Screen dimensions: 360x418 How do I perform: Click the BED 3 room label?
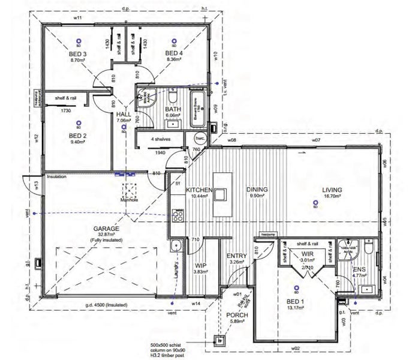coord(79,54)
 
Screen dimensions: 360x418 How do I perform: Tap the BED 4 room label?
coord(174,53)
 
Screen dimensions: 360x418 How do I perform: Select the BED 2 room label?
coord(79,136)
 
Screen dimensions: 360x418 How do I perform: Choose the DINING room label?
coord(257,190)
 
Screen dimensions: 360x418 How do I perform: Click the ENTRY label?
coord(236,256)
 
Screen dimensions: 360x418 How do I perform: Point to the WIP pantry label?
coord(200,264)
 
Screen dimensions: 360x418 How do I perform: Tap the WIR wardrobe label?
coord(308,254)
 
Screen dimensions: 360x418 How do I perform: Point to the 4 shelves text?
coord(160,139)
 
